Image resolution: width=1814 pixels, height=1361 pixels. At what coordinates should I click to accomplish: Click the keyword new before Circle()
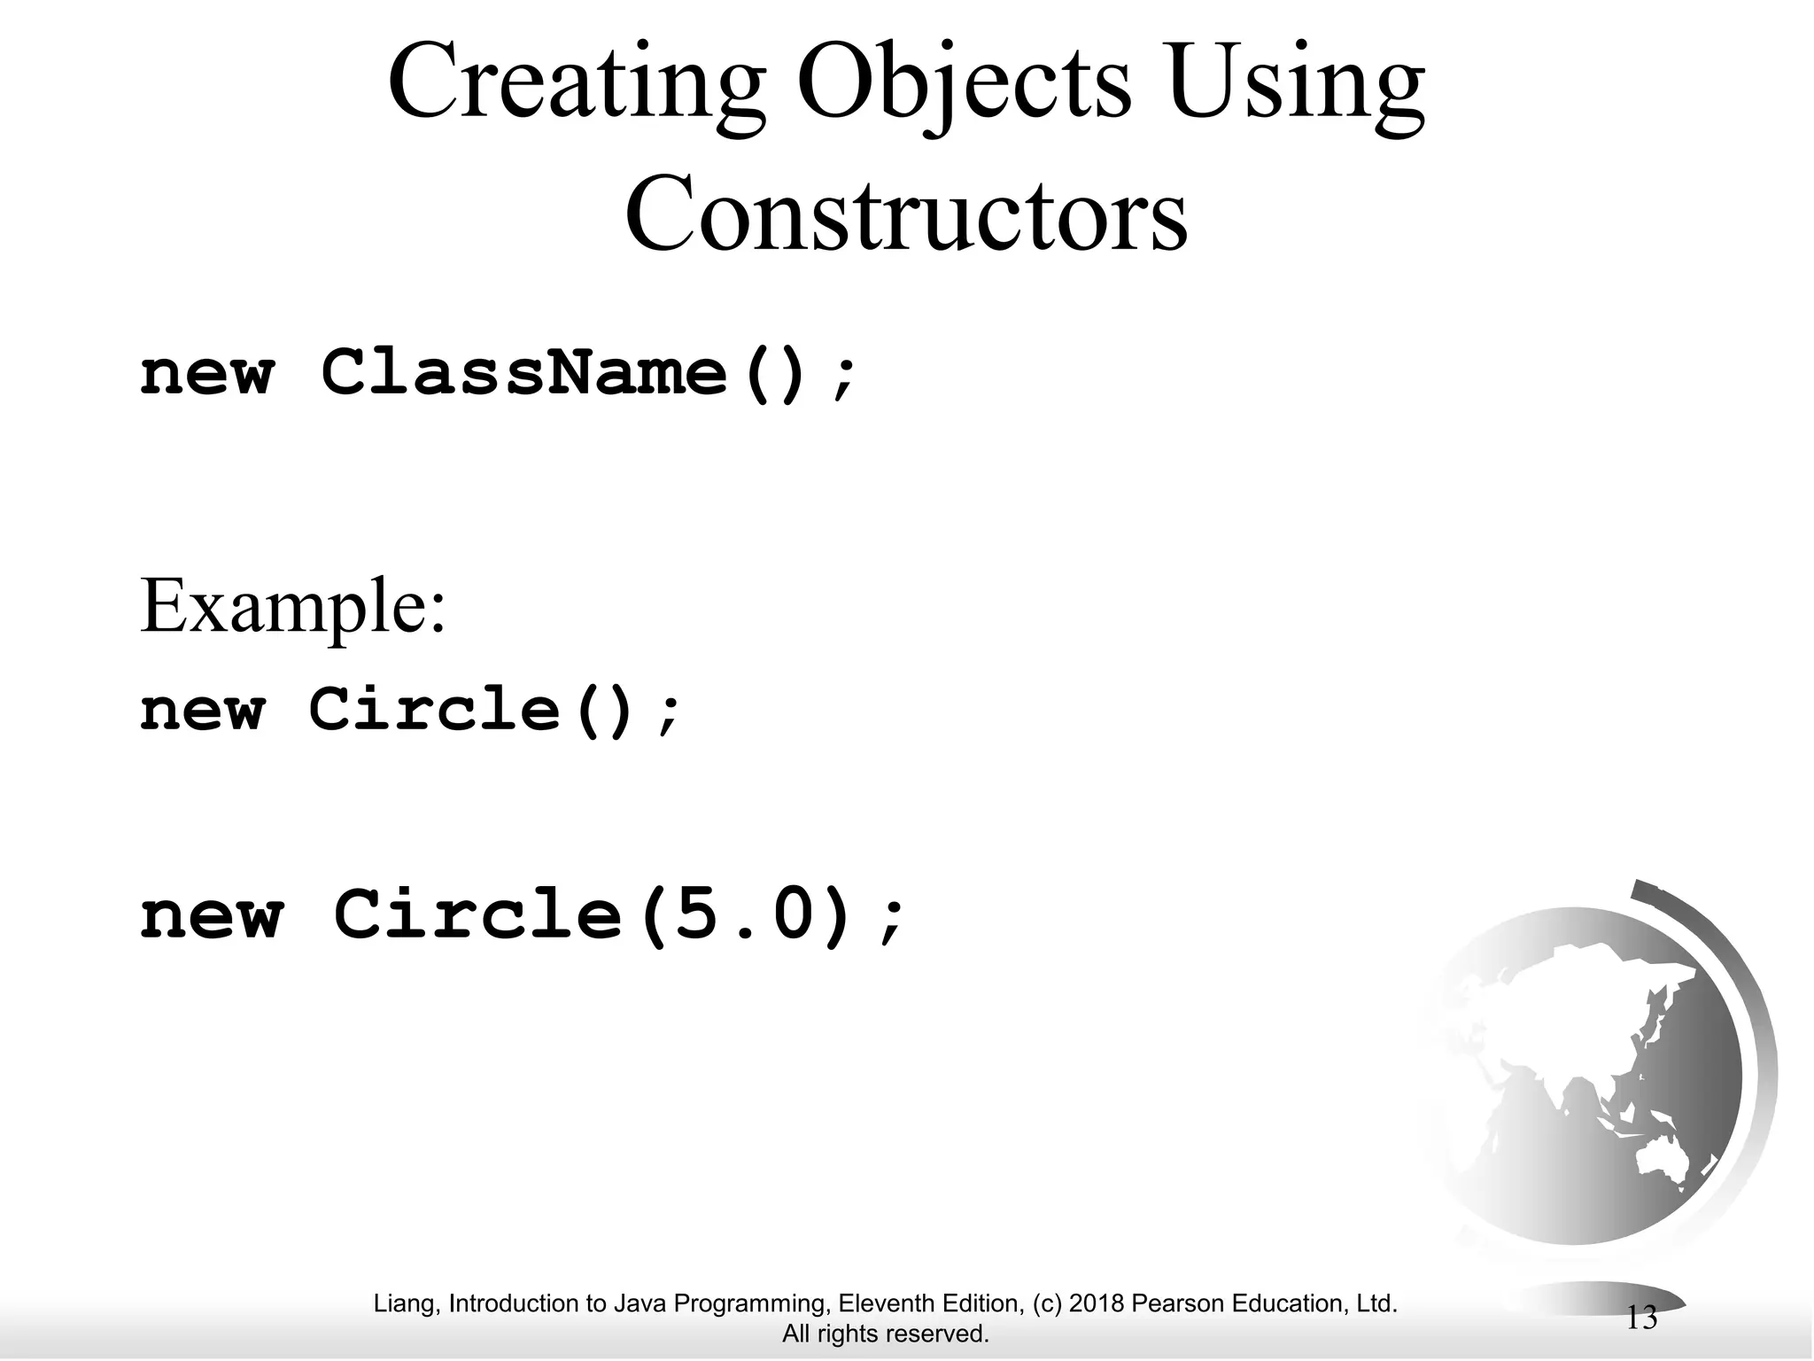coord(203,712)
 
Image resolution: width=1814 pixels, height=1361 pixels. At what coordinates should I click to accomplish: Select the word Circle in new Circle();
coord(434,710)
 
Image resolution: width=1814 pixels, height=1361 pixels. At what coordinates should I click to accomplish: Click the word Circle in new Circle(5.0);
coord(478,916)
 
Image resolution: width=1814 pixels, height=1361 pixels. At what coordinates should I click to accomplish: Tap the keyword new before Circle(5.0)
coord(213,918)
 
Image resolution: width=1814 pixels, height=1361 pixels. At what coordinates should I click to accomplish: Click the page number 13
coord(1641,1318)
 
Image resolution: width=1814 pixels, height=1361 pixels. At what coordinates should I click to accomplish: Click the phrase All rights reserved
coord(885,1334)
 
